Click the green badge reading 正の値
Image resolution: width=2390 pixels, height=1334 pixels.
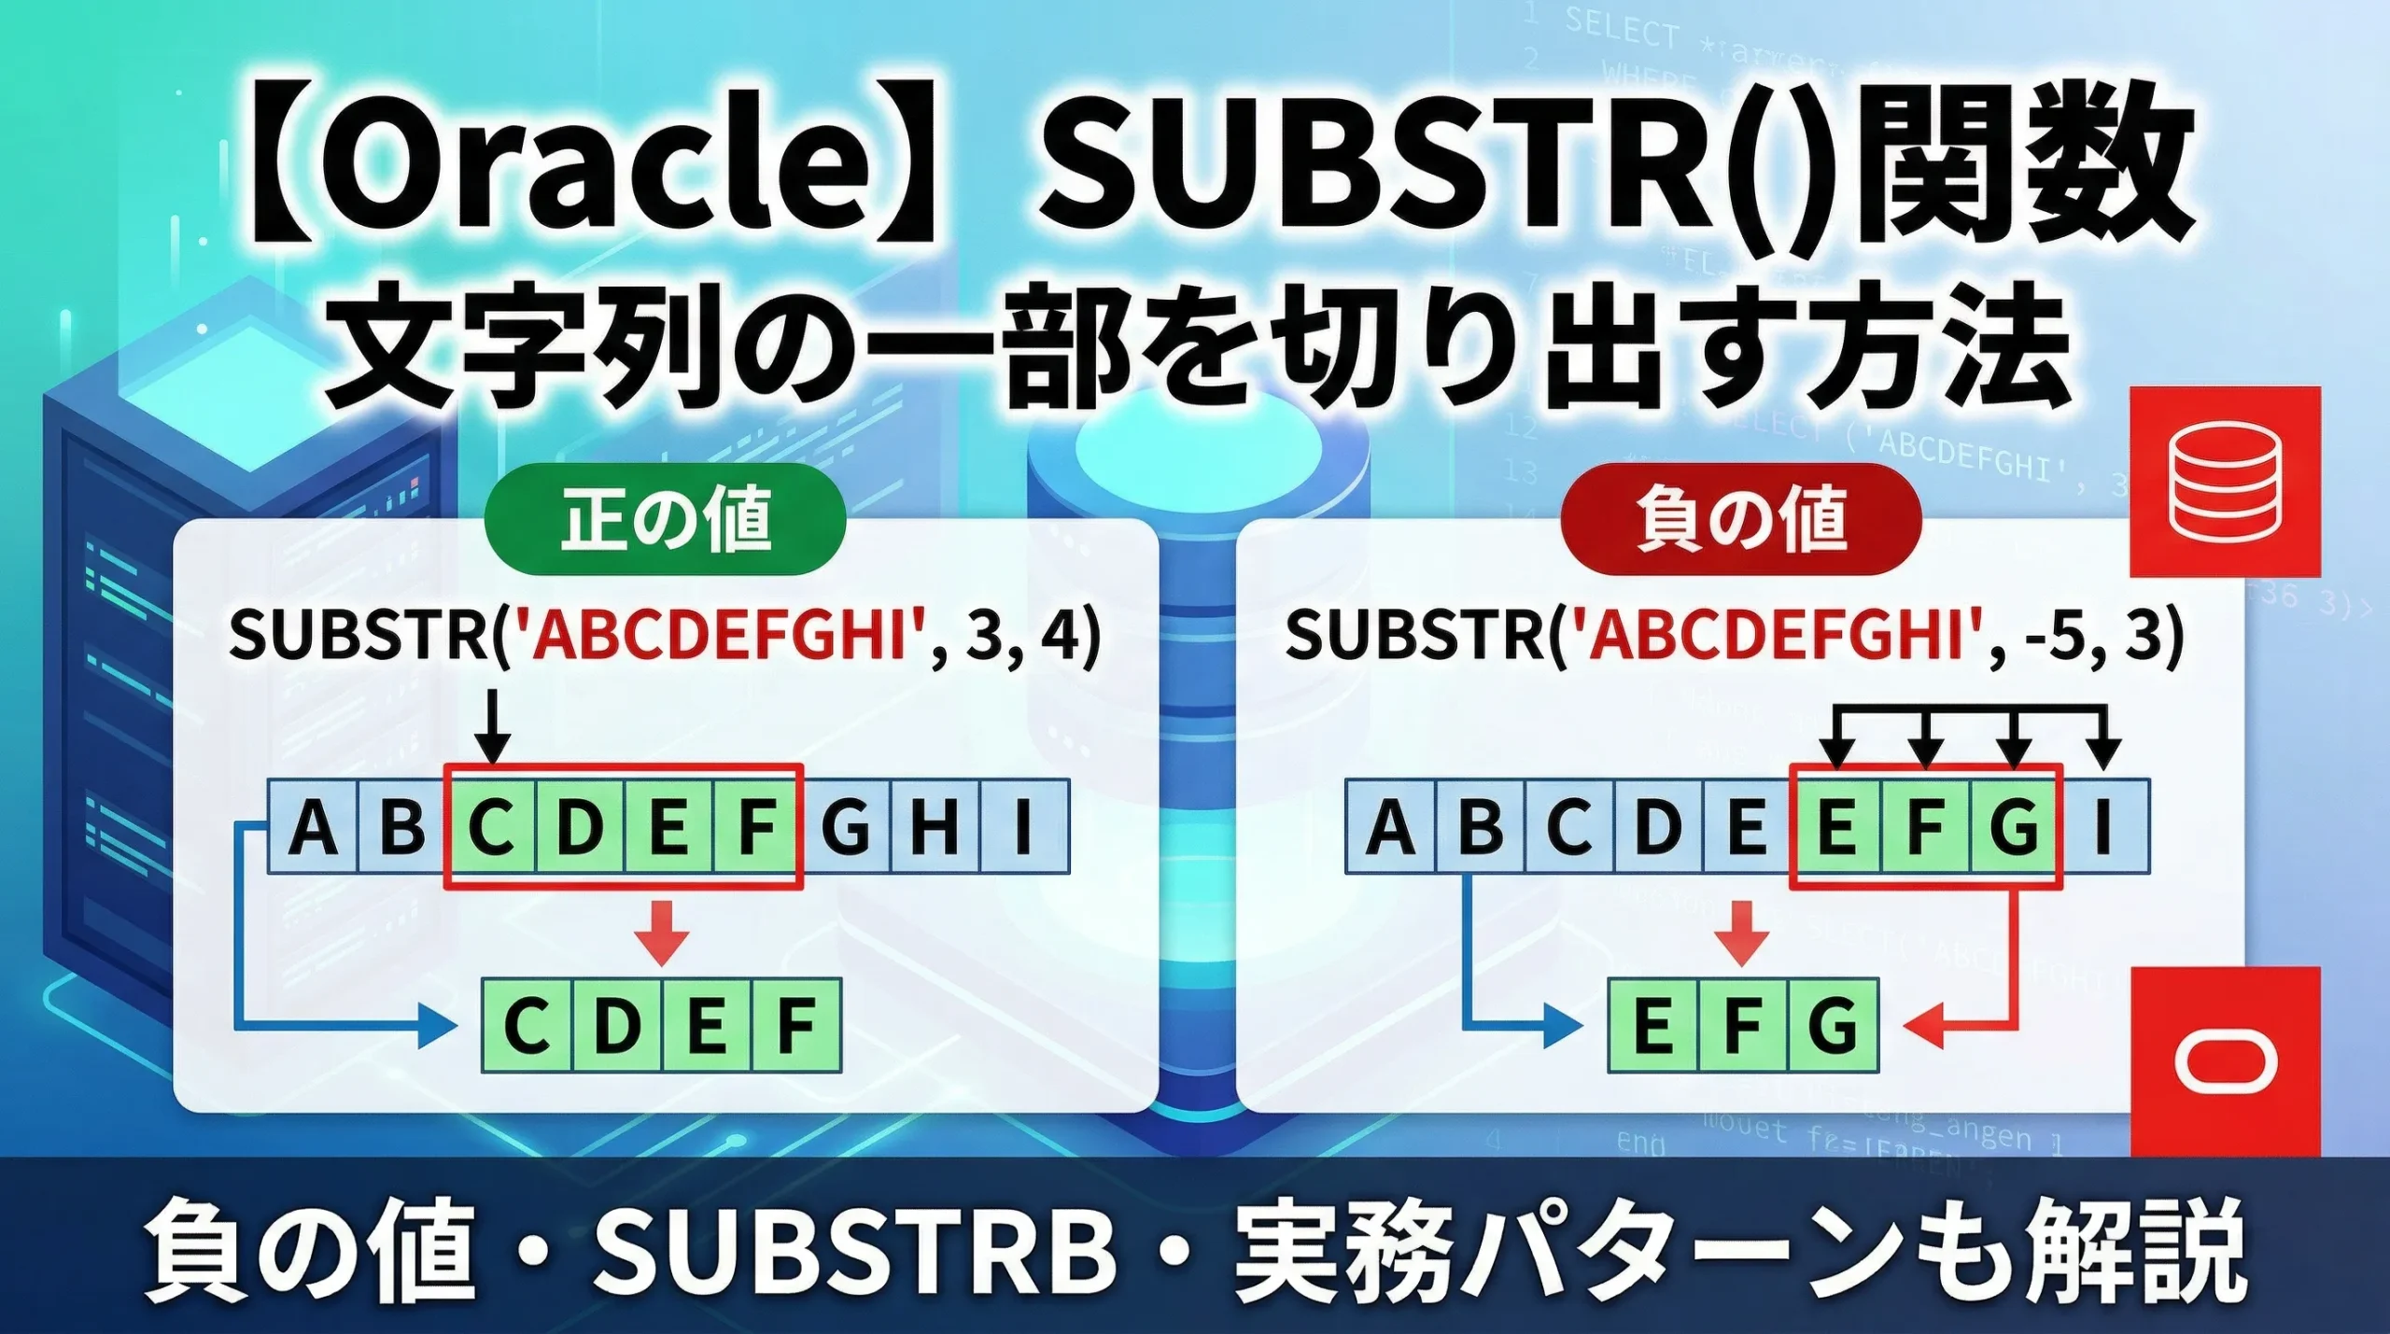(665, 519)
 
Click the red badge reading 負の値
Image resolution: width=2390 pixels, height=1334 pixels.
(1741, 519)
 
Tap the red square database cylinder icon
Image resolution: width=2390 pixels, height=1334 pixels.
(2225, 481)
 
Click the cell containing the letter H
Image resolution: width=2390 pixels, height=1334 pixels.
(935, 827)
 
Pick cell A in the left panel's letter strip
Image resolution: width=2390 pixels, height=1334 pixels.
(313, 827)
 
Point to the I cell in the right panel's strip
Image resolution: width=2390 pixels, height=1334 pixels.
(2102, 827)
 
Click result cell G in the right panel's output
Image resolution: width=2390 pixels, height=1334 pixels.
(1833, 1025)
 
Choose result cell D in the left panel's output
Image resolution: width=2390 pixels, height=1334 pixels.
(617, 1025)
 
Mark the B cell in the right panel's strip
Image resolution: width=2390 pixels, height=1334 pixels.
(1480, 827)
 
